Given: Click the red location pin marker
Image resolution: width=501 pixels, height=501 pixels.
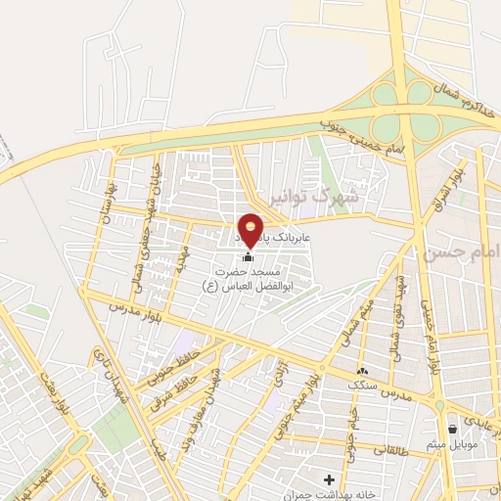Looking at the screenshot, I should point(251,229).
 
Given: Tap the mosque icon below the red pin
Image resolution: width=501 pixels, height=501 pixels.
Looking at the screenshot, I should point(247,256).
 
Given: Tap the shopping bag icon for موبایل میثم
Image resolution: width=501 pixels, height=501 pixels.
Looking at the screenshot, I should point(452,429).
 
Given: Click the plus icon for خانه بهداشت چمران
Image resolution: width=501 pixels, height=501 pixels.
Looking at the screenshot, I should point(329,478).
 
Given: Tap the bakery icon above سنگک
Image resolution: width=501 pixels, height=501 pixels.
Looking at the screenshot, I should point(362,371).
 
